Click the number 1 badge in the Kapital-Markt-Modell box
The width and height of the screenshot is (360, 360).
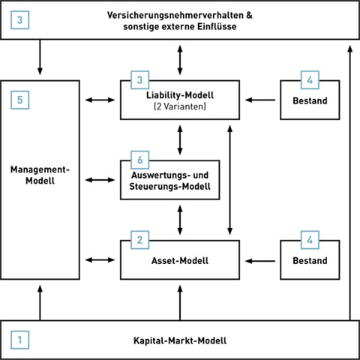point(20,340)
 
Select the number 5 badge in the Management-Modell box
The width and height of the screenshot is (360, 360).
point(20,100)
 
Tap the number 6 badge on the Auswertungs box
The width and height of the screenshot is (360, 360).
point(140,160)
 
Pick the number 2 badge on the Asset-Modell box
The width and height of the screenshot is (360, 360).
point(140,240)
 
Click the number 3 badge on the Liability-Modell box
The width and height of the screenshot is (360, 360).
point(140,80)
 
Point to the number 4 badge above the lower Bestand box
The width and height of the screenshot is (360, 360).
point(310,240)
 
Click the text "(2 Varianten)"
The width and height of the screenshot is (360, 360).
point(180,106)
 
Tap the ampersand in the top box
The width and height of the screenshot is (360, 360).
point(249,15)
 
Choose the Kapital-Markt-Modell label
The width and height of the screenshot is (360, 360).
point(180,340)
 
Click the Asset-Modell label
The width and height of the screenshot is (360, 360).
point(180,260)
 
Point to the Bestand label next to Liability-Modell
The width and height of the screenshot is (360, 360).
point(310,100)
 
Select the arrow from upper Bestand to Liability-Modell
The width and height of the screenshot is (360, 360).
point(260,100)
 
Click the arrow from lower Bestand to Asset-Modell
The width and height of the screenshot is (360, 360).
point(260,261)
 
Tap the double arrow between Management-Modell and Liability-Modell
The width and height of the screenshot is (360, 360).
point(100,100)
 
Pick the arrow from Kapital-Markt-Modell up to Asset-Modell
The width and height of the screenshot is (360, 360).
point(180,303)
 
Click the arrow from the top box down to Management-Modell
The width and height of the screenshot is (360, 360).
point(40,57)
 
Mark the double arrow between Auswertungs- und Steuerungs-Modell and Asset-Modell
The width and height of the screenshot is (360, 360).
point(180,220)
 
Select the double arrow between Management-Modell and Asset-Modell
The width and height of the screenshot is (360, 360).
point(100,260)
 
